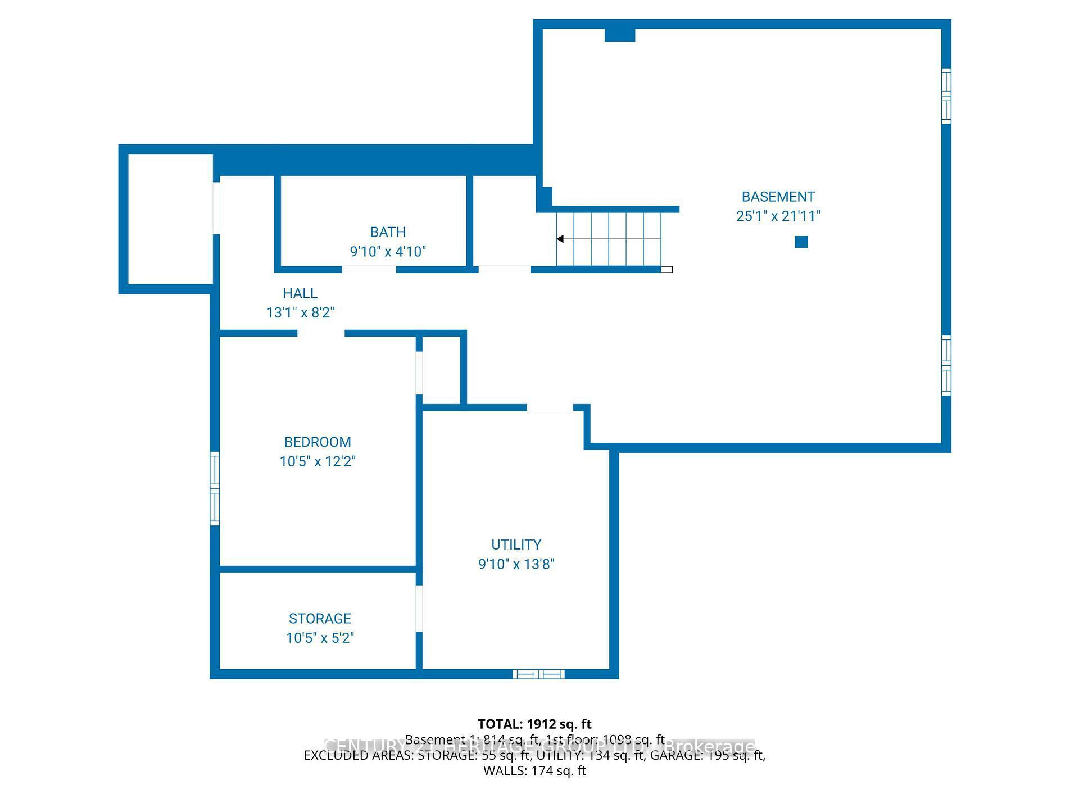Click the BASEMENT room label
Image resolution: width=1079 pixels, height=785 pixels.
point(778,197)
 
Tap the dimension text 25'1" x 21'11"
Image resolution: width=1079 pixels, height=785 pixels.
point(778,216)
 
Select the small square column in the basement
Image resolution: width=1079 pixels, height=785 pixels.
point(801,242)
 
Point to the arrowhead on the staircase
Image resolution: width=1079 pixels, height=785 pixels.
point(560,239)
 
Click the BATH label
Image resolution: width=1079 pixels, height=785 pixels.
point(388,232)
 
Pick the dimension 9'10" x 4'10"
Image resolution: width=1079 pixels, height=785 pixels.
point(388,251)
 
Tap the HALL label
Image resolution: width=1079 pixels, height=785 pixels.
point(300,293)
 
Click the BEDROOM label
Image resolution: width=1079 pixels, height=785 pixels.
point(318,442)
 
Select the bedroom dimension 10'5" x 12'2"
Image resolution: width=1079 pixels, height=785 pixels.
point(318,461)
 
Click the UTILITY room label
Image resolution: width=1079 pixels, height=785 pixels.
point(516,544)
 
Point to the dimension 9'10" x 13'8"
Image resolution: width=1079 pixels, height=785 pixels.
point(516,564)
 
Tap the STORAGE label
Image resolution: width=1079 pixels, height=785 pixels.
point(320,619)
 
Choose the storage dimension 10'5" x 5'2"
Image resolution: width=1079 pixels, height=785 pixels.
point(320,638)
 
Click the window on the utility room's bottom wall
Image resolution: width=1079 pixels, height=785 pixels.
point(538,674)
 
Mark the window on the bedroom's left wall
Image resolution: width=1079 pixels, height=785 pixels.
point(215,488)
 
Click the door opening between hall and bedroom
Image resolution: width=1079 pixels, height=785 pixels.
point(321,333)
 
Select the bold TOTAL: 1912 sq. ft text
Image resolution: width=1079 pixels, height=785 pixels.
point(534,724)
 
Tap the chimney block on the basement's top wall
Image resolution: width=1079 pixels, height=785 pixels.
point(620,35)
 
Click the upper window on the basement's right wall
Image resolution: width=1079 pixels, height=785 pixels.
point(946,96)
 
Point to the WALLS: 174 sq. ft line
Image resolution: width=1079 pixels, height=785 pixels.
point(534,771)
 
